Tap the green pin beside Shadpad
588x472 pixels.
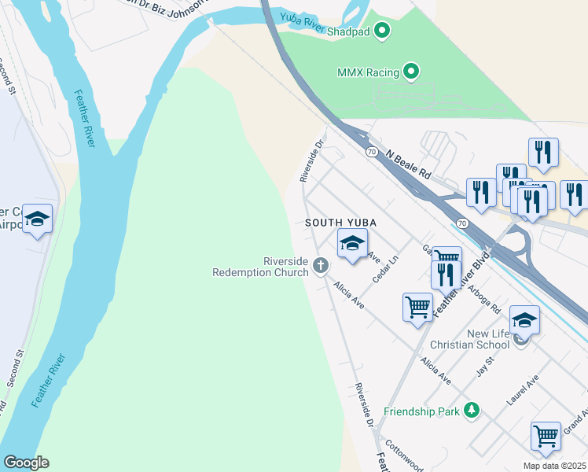[383, 31]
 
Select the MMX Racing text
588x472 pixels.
[369, 72]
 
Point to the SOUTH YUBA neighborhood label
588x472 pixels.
[340, 223]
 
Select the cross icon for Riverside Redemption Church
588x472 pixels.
[320, 266]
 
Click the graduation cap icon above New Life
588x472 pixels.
[524, 320]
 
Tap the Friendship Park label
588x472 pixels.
[421, 411]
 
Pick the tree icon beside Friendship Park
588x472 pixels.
[471, 410]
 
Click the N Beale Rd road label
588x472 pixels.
[409, 163]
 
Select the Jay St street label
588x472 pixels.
[484, 366]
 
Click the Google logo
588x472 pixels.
[25, 463]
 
